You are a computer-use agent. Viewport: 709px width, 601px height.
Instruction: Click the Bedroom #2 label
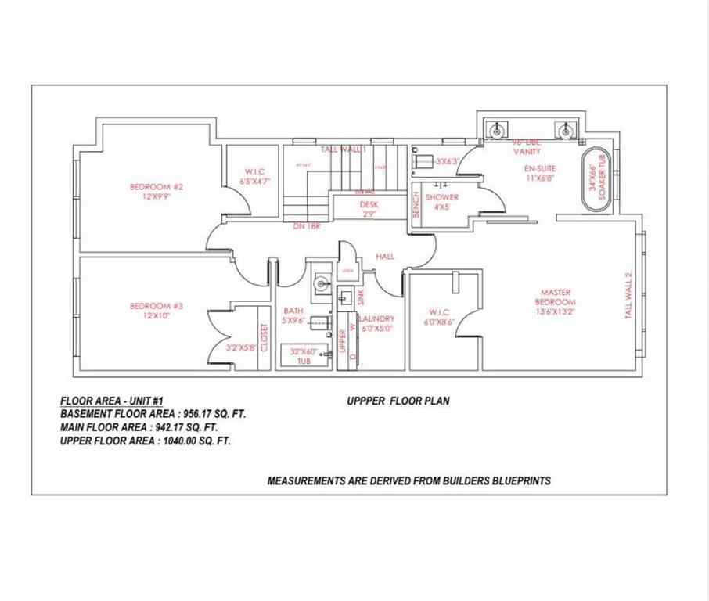pos(157,192)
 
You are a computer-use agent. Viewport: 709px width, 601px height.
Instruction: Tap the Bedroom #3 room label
pos(157,311)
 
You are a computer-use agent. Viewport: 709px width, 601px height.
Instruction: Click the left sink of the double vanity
pos(497,129)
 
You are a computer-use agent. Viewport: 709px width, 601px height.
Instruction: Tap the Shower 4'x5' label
pos(442,202)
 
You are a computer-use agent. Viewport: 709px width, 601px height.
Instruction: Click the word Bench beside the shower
pos(417,205)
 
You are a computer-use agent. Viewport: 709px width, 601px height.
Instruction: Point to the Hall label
pos(385,256)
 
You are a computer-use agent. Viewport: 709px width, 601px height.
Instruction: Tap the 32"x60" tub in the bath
pos(304,356)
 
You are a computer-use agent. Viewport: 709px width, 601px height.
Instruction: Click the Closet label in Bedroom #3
pos(265,336)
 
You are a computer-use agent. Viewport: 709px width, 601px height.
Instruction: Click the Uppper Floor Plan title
pos(398,401)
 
